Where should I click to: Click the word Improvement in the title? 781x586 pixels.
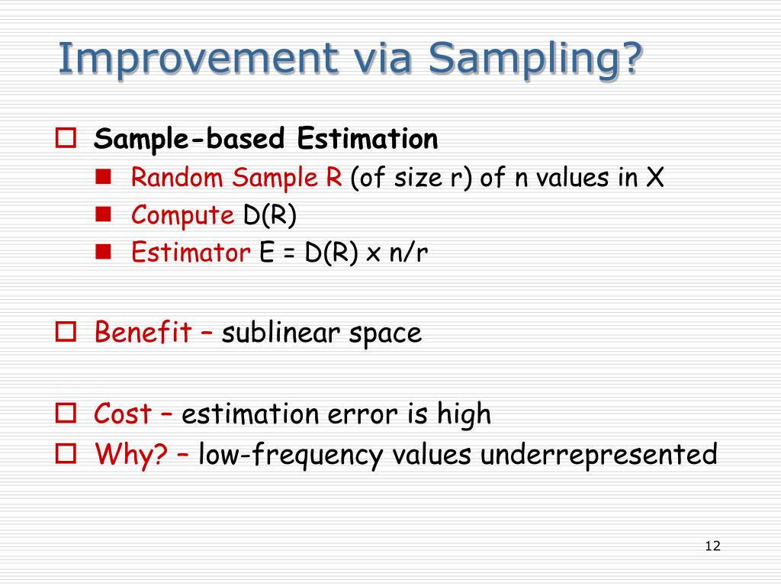click(x=198, y=58)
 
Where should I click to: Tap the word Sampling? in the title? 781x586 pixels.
click(x=535, y=60)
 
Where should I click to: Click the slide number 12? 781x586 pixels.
click(x=713, y=546)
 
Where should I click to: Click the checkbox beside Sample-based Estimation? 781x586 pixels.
click(x=66, y=138)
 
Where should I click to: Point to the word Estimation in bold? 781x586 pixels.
click(x=368, y=138)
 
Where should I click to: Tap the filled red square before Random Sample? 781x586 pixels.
click(x=103, y=177)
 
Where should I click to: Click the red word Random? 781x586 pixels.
click(x=177, y=177)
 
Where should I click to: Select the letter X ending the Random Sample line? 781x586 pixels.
click(x=655, y=177)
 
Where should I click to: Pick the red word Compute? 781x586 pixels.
click(x=182, y=216)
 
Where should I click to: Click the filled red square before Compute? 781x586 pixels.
click(x=103, y=214)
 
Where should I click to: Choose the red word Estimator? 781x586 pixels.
click(x=191, y=252)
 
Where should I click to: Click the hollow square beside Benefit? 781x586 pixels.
click(x=66, y=331)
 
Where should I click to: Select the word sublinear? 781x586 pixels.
click(x=281, y=333)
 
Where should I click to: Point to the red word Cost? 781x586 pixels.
click(x=123, y=414)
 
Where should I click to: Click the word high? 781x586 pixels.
click(x=464, y=414)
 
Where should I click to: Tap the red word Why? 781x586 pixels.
click(x=131, y=455)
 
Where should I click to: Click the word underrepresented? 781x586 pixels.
click(x=599, y=455)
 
